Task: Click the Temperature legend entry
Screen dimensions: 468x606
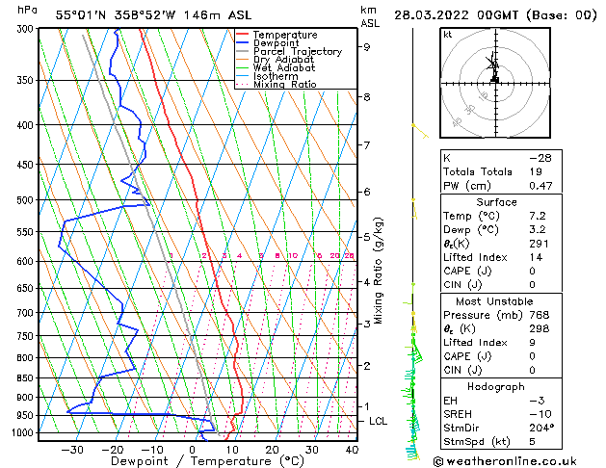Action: pos(285,35)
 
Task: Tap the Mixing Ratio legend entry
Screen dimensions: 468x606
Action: pos(284,85)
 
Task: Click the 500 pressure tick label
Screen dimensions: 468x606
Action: pos(25,200)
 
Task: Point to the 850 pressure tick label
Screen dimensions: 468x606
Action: pos(25,377)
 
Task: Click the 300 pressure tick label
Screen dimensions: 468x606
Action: pos(25,29)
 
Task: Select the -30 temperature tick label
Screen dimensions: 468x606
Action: pos(72,450)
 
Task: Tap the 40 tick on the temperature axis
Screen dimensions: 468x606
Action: pos(352,450)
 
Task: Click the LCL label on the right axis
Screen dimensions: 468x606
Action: pos(379,422)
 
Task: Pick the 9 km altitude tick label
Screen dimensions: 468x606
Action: pos(366,46)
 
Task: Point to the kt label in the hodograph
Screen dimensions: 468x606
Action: pos(448,35)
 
